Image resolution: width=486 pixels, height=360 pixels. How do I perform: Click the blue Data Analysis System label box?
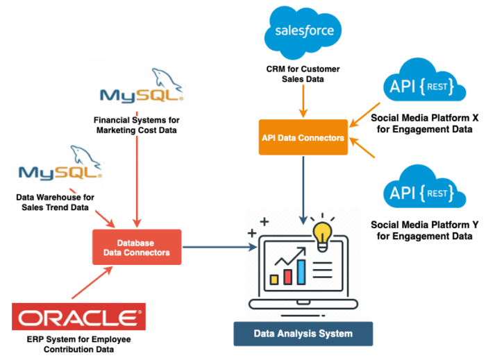coord(303,334)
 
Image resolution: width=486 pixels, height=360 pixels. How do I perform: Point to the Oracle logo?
coord(78,318)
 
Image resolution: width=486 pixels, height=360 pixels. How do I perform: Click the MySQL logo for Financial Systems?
coord(142,90)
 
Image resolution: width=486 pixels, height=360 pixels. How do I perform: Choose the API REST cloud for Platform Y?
coord(424,191)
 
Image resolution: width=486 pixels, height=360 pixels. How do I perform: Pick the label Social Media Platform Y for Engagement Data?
coord(424,230)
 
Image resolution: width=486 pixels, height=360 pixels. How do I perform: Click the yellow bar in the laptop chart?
coord(274,279)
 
